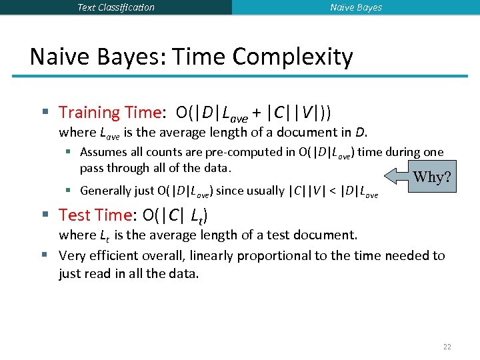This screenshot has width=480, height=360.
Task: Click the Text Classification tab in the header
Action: (x=115, y=7)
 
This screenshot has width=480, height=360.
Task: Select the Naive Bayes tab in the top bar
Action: (x=356, y=7)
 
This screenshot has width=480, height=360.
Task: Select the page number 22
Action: (x=447, y=347)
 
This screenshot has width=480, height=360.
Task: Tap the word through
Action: (x=124, y=167)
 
